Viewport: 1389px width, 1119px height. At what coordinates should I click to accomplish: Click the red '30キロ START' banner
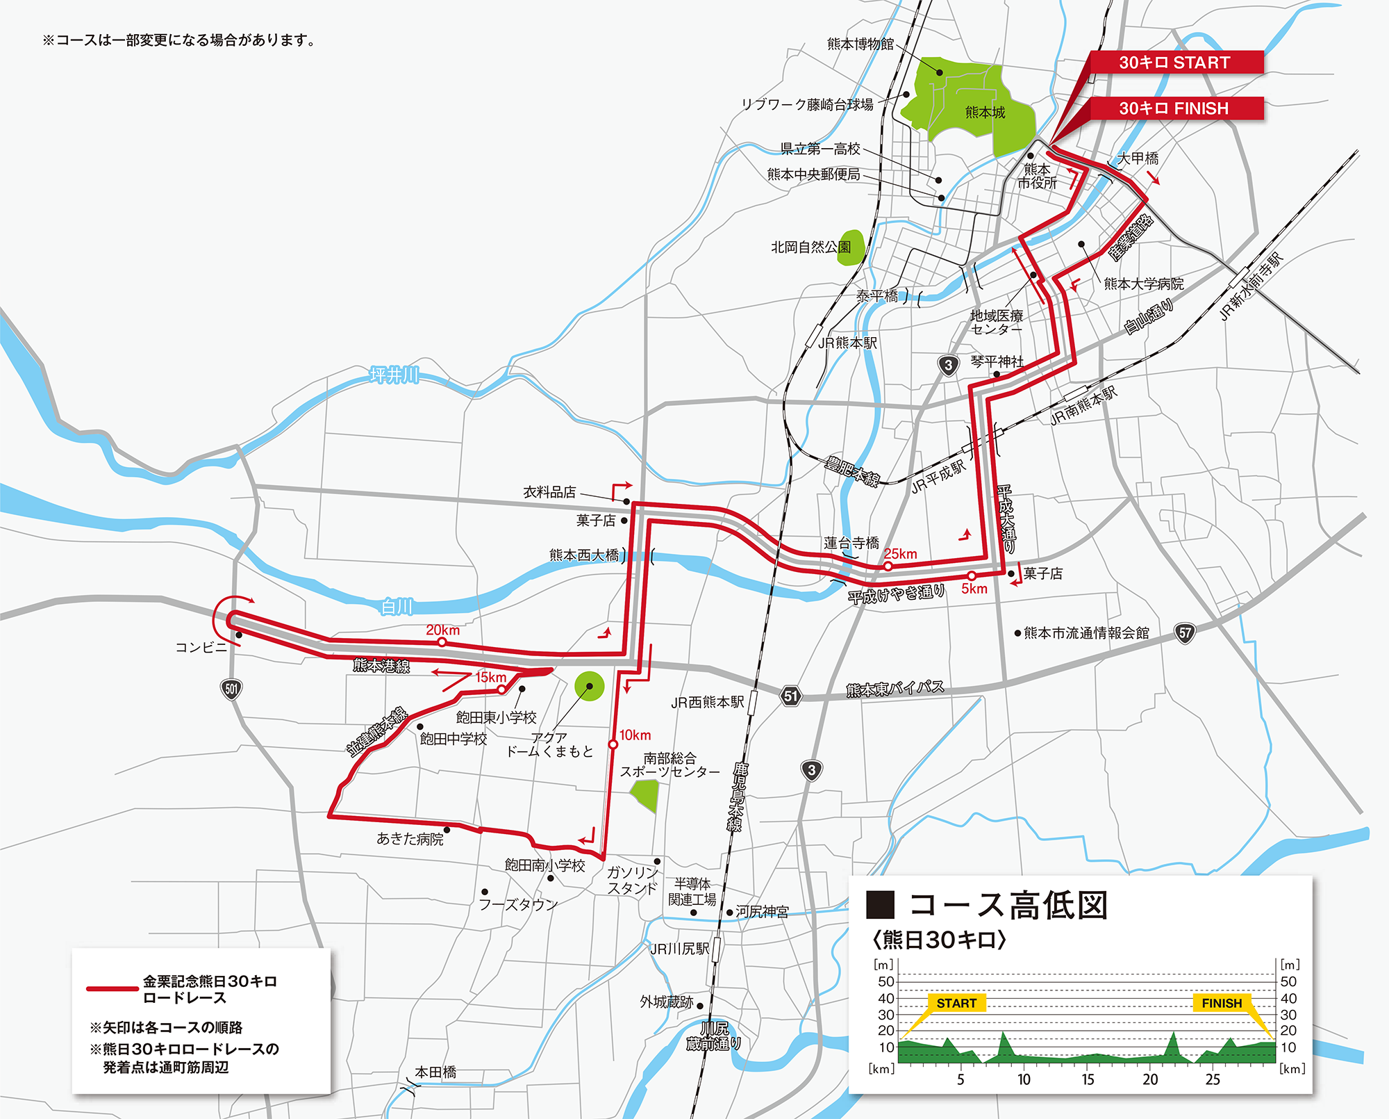pos(1175,63)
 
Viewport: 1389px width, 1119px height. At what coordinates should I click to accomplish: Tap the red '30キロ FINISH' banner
pos(1175,108)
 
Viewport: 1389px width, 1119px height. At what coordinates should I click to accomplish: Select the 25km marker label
pos(901,554)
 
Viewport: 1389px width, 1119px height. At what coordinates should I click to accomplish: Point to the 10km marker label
pos(635,735)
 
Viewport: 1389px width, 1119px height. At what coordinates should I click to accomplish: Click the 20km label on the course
pos(443,630)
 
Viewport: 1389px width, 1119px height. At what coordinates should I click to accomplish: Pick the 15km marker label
pos(490,677)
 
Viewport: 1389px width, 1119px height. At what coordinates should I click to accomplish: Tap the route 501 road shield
pos(231,689)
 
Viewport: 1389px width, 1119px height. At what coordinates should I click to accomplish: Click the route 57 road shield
pos(1185,633)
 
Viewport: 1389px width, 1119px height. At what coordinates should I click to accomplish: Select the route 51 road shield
pos(790,696)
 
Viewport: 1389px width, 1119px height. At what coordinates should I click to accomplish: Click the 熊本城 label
pos(985,112)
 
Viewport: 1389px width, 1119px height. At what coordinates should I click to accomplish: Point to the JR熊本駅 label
pos(847,343)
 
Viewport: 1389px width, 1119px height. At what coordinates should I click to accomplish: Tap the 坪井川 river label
pos(394,375)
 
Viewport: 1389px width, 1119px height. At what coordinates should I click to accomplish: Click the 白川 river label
pos(397,607)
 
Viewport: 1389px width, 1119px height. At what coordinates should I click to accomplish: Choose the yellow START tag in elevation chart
pos(956,1003)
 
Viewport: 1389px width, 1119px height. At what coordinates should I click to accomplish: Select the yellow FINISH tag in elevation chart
pos(1222,1003)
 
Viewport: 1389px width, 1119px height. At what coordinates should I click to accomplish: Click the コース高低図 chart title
pos(1008,905)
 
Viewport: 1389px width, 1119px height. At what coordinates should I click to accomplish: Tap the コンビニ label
pos(201,648)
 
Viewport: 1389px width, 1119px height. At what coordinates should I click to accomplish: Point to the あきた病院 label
pos(410,839)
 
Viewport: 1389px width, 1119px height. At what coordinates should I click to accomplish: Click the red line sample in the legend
pos(112,988)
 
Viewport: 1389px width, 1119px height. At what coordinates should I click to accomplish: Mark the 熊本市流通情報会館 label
pos(1086,633)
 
